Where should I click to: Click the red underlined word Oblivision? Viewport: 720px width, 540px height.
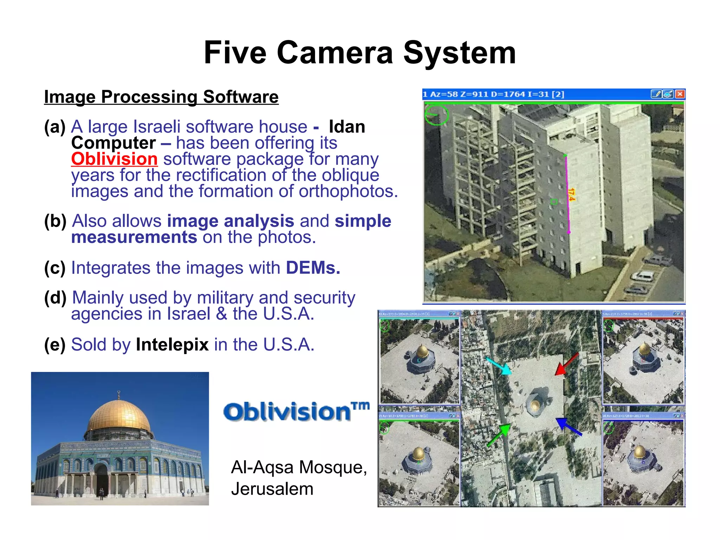coord(114,159)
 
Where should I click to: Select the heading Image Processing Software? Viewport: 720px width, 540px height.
coord(161,97)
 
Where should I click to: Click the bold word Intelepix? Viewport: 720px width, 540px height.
coord(172,345)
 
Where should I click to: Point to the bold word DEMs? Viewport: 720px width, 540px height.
coord(313,268)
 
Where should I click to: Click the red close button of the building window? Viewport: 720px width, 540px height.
coord(680,94)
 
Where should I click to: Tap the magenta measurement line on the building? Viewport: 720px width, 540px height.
coord(567,193)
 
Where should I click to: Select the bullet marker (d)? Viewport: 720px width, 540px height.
coord(55,298)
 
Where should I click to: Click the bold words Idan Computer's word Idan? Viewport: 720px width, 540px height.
coord(347,127)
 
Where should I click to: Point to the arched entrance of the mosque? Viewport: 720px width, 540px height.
coord(101,480)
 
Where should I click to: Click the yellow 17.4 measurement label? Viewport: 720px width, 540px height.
coord(571,194)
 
